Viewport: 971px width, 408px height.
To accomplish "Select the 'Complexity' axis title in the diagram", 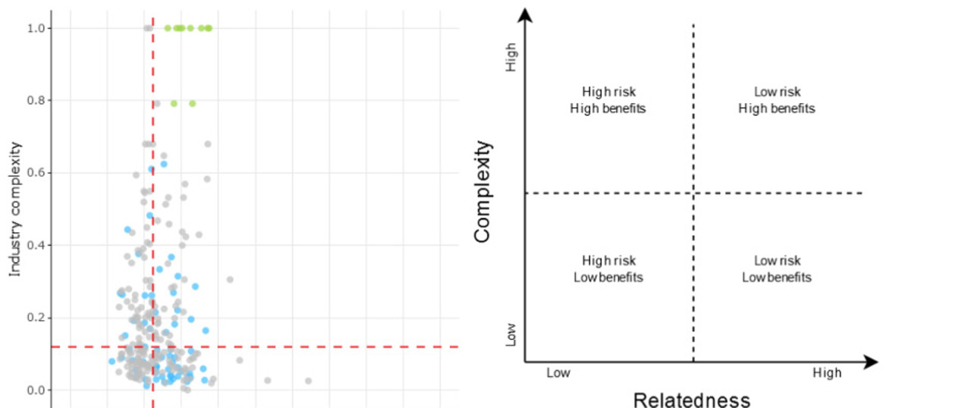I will click(482, 190).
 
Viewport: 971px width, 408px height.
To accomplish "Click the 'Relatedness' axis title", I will click(691, 399).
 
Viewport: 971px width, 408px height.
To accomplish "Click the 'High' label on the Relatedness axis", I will click(827, 373).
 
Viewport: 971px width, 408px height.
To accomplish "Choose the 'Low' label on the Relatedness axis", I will click(558, 373).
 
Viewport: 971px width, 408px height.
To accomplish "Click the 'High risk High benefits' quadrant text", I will click(608, 100).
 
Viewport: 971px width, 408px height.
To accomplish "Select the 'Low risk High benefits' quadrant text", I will click(777, 100).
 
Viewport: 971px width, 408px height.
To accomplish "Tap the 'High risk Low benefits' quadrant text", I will click(608, 269).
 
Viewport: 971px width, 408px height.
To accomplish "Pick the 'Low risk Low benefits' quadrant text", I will click(777, 269).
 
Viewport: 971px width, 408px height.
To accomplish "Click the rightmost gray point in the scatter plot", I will click(308, 381).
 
